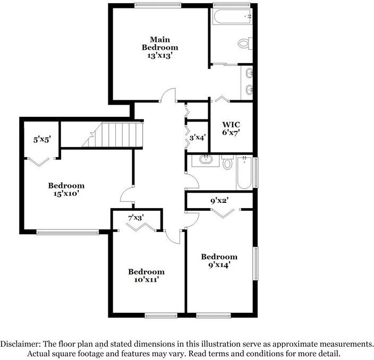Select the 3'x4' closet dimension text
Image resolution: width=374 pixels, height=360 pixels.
click(198, 136)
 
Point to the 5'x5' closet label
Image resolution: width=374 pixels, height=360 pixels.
click(41, 140)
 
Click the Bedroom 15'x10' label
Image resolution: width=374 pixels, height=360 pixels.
click(66, 190)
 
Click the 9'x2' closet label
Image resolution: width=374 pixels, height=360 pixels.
click(219, 200)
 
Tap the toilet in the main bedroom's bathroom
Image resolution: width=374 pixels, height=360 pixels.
click(245, 42)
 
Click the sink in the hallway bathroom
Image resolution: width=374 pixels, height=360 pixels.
click(205, 160)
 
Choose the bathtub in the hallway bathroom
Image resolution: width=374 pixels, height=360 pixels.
click(244, 173)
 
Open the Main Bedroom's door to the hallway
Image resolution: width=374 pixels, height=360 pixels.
click(168, 96)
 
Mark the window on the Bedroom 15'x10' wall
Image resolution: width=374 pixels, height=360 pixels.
click(67, 232)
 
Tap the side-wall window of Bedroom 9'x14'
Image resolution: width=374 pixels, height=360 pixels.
click(256, 263)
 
